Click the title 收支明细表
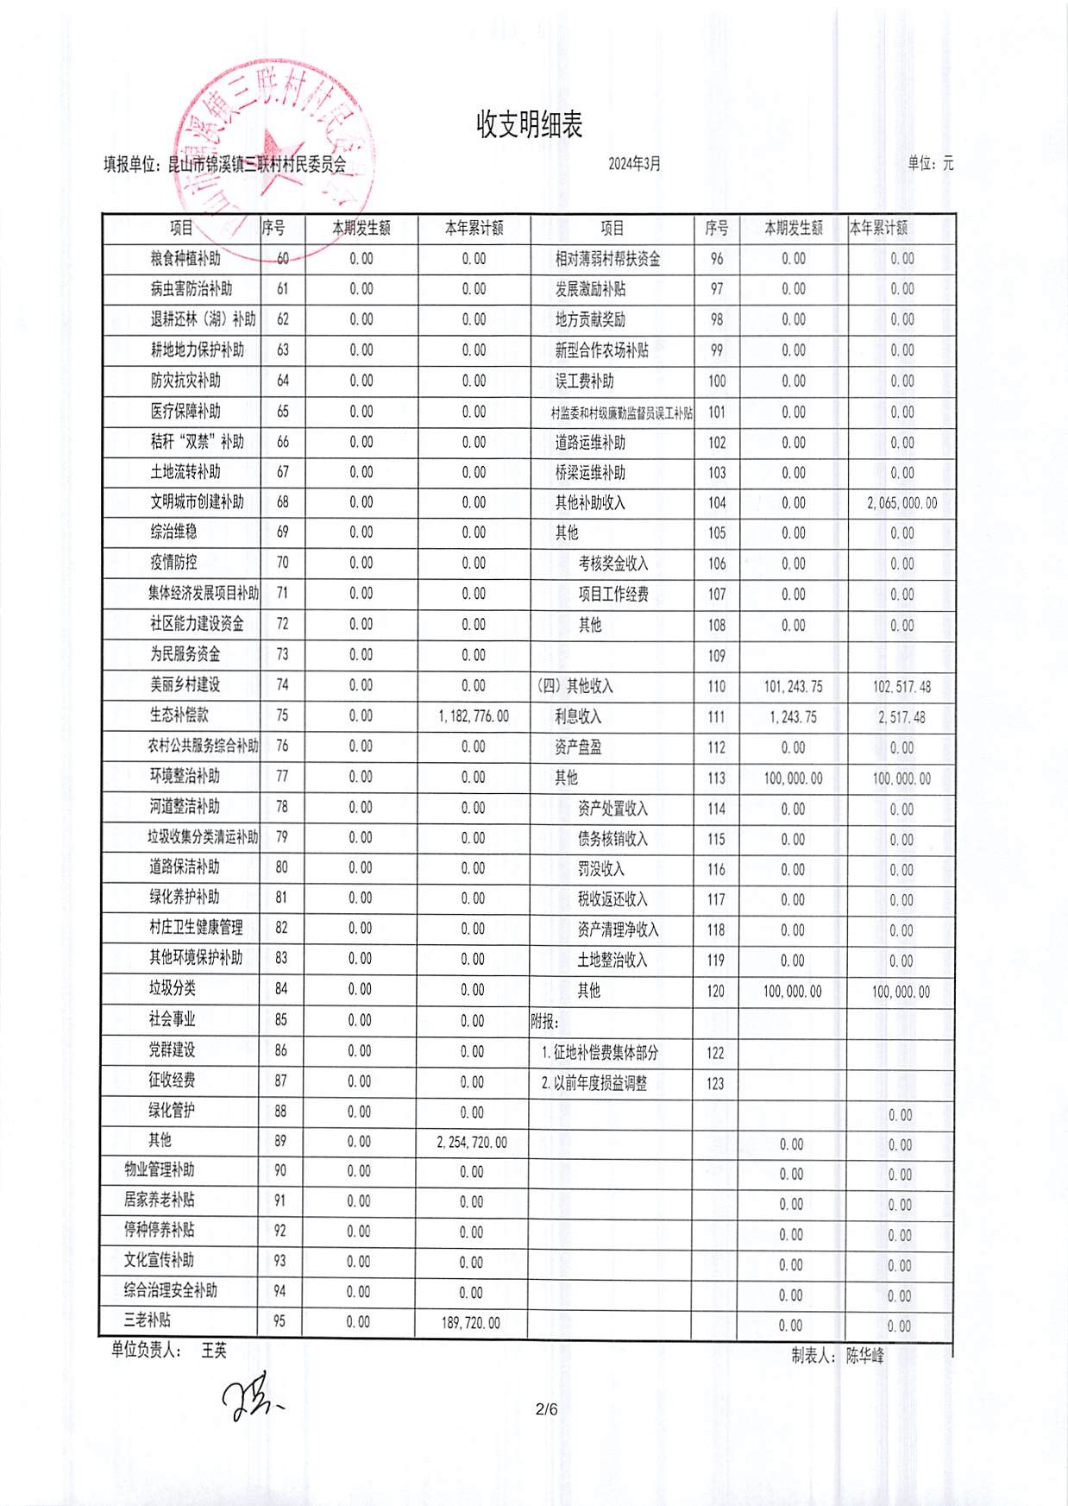click(529, 125)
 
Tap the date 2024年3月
click(634, 164)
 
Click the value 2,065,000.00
click(902, 503)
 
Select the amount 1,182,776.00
click(473, 716)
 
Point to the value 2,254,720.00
click(472, 1143)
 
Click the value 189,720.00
click(470, 1322)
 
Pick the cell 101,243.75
click(793, 687)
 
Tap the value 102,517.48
click(902, 687)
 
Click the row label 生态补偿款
click(179, 715)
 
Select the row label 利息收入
click(578, 717)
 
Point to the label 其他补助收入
click(590, 503)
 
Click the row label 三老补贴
click(148, 1320)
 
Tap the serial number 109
click(716, 656)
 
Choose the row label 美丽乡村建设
click(185, 685)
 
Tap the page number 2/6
click(546, 1410)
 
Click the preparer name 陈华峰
click(864, 1356)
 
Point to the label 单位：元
click(930, 163)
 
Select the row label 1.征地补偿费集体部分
click(600, 1053)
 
